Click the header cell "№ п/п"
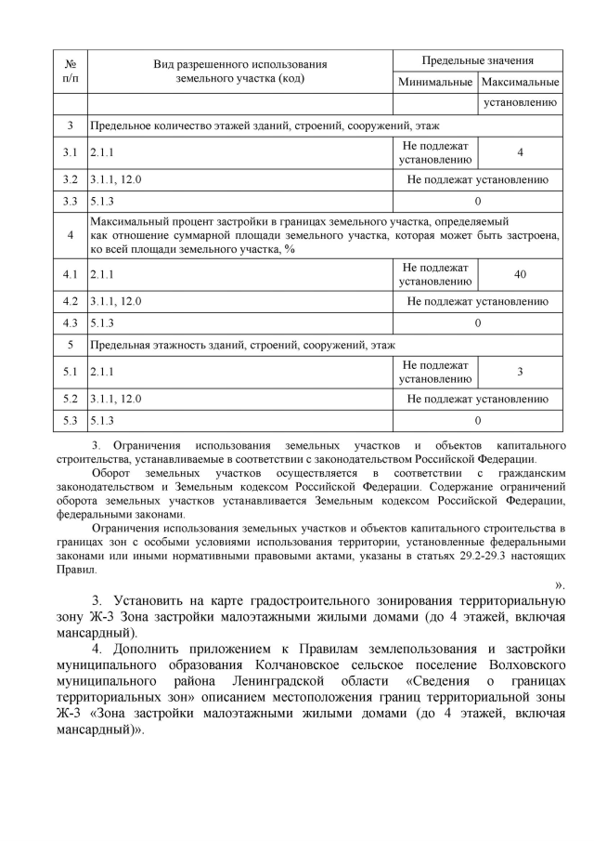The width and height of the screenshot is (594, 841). point(71,72)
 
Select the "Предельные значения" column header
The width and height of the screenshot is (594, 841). point(477,60)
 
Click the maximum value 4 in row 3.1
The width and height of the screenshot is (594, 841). point(521,152)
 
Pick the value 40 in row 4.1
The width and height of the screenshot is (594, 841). point(521,274)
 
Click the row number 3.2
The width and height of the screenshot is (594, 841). point(71,179)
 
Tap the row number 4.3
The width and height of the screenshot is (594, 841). point(71,322)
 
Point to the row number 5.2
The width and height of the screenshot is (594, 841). point(71,400)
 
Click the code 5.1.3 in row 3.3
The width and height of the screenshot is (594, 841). point(103,201)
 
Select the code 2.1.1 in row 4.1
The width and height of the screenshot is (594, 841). point(103,274)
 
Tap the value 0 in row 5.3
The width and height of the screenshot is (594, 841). point(477,420)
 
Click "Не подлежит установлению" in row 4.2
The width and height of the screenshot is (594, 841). point(477,301)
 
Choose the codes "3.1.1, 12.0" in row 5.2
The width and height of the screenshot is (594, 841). point(116,400)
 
